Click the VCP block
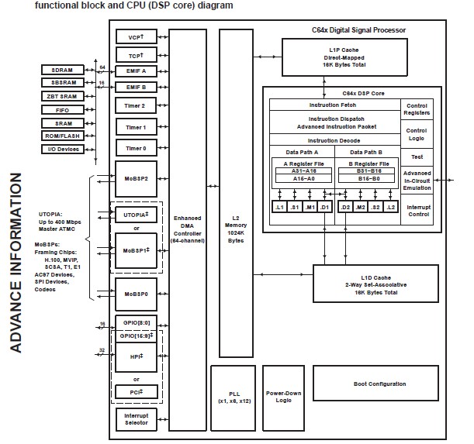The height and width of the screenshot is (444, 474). tap(136, 37)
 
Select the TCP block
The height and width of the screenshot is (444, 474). tap(136, 54)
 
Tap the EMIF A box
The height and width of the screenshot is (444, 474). tap(136, 71)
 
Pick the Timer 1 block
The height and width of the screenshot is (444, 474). tap(136, 126)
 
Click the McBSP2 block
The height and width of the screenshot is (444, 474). tap(136, 177)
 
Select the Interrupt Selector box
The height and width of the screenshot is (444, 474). tap(136, 418)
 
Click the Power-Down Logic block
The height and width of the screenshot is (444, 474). tap(282, 395)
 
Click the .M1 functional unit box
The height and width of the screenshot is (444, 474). tap(310, 208)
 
